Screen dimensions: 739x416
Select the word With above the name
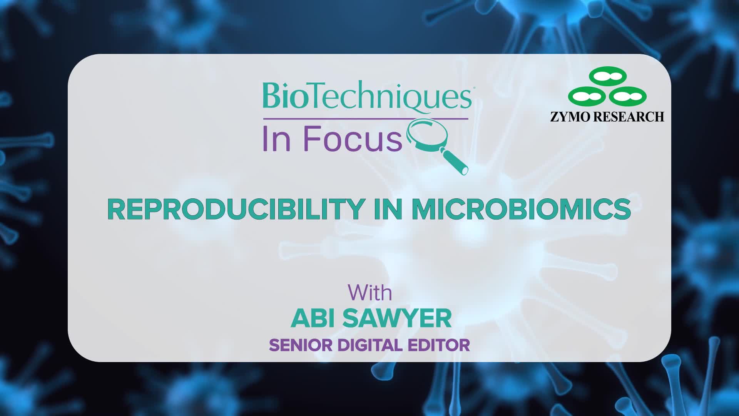[x=370, y=293]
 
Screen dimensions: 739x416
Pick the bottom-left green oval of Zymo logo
[x=587, y=96]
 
